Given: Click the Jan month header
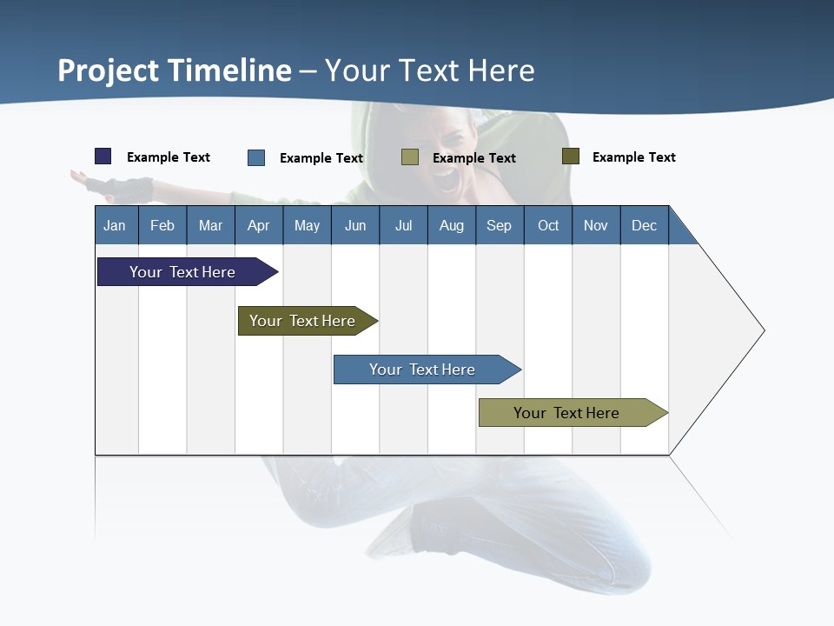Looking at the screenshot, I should (115, 225).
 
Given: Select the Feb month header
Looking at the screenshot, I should (162, 225).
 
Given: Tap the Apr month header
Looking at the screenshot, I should (258, 225).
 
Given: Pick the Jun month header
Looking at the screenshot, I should (355, 225).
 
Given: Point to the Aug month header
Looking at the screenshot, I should (451, 225).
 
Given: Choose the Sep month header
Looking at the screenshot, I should (499, 225).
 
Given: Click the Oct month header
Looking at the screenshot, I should (548, 225).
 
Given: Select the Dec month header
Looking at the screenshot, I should (644, 225).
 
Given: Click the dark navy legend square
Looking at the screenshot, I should (103, 156).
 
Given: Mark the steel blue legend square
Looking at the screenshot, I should (256, 157).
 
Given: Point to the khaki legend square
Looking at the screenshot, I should (410, 156).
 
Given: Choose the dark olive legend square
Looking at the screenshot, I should (571, 156).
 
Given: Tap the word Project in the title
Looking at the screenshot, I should (108, 70).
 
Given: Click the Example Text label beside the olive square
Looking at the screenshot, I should (633, 157).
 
